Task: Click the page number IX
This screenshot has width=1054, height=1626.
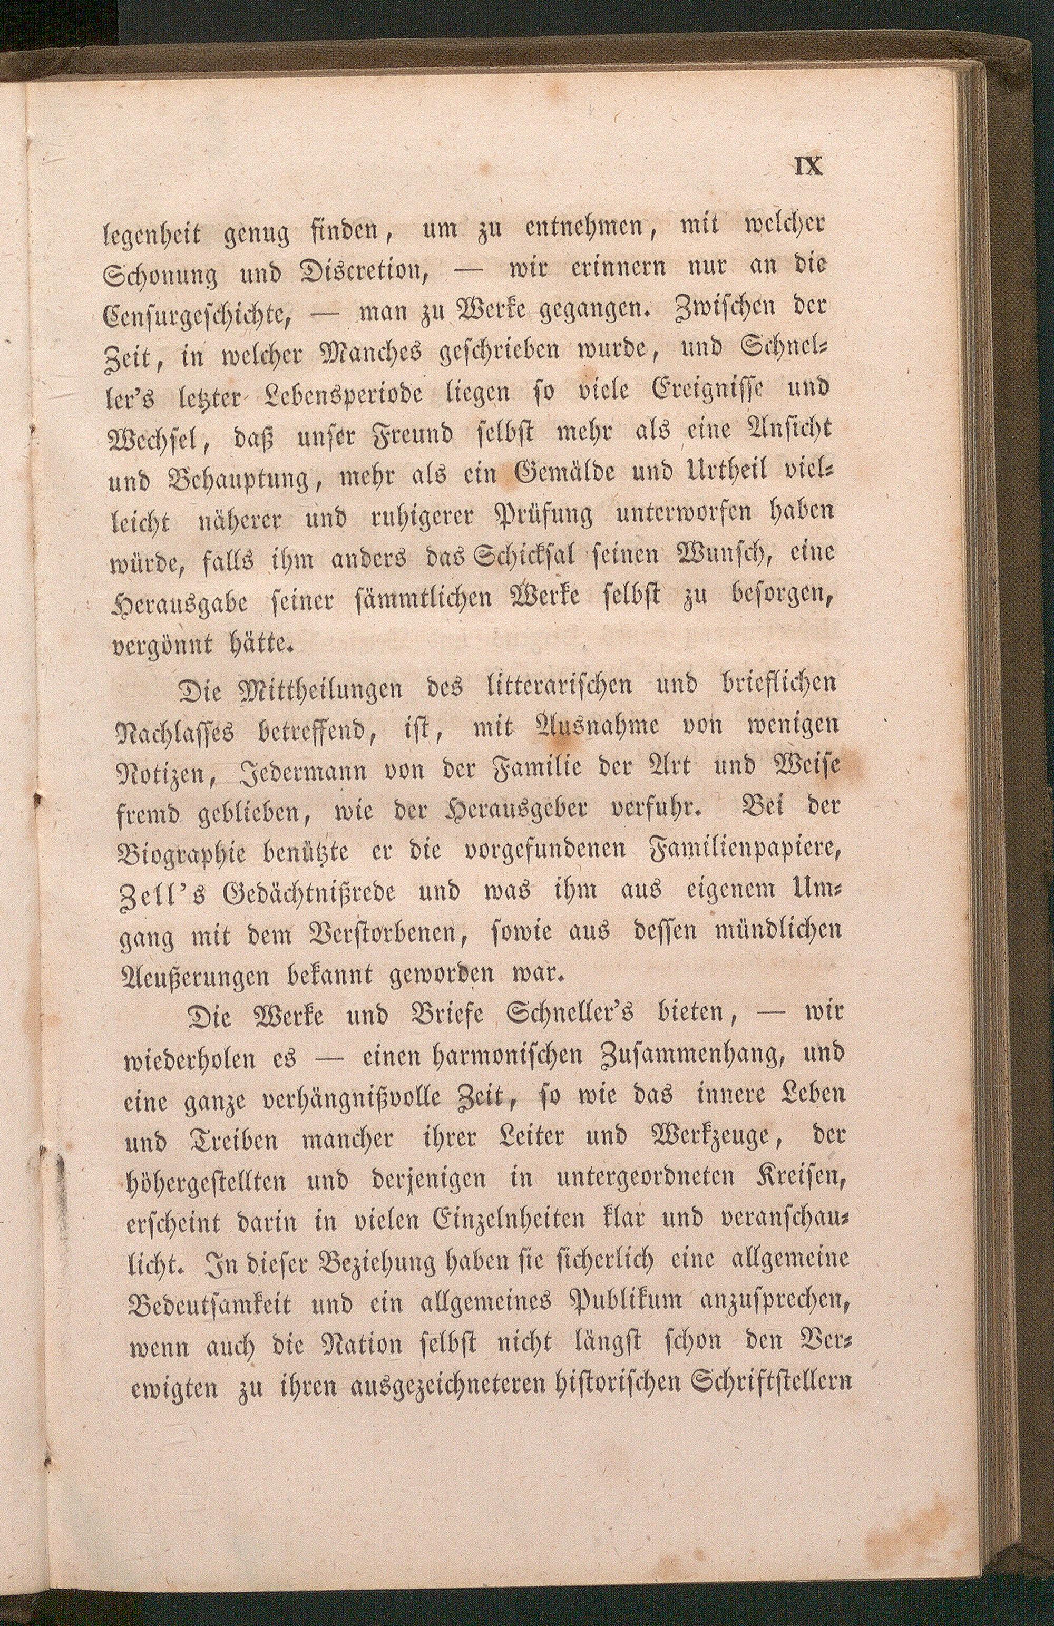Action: [x=808, y=167]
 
